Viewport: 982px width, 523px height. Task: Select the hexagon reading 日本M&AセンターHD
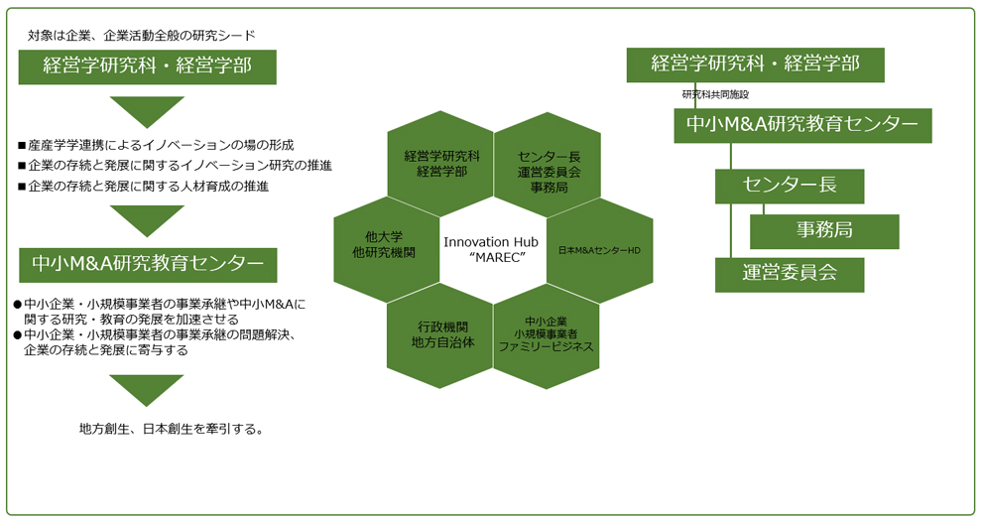600,250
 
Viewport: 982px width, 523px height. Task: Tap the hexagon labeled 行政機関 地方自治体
440,336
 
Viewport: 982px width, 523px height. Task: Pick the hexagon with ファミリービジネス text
547,336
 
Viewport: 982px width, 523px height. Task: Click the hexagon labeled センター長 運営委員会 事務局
548,165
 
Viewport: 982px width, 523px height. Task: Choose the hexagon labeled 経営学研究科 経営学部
440,164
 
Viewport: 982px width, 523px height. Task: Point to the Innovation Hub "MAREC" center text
492,249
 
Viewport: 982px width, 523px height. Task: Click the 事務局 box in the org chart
824,232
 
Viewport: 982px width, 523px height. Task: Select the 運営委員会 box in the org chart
790,275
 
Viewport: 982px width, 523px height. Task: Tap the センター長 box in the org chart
790,186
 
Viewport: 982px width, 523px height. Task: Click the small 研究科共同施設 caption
715,94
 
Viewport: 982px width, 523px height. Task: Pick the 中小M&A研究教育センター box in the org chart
802,125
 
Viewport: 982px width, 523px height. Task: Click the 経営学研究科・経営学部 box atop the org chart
755,65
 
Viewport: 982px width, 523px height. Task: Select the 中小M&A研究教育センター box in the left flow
148,265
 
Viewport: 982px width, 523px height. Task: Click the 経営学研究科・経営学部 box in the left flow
147,67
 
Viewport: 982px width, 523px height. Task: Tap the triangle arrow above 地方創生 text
147,390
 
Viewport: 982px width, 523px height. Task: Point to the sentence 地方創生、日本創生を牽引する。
172,429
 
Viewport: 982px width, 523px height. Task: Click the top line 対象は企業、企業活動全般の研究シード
142,36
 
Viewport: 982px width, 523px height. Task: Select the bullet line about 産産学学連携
156,145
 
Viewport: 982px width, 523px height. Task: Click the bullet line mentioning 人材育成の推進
144,186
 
